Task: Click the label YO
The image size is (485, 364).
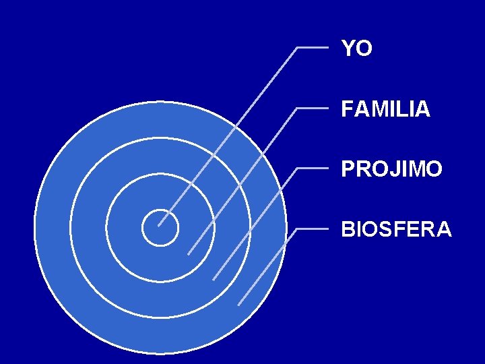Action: [x=356, y=49]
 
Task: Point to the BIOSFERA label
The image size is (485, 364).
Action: [x=396, y=229]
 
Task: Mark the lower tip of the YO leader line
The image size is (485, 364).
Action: [x=158, y=226]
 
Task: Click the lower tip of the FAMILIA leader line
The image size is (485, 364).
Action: [x=188, y=254]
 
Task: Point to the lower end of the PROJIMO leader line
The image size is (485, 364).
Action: [x=213, y=279]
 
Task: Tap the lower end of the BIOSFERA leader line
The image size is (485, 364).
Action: [x=238, y=305]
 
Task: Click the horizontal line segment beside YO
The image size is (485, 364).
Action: [x=313, y=48]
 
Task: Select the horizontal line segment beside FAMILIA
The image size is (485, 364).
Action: [x=313, y=108]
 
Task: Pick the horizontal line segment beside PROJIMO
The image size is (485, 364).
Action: [x=313, y=168]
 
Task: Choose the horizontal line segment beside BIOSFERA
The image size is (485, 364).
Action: [x=313, y=229]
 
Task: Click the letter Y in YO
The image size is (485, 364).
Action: [x=348, y=49]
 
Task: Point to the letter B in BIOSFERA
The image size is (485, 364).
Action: [x=348, y=229]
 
